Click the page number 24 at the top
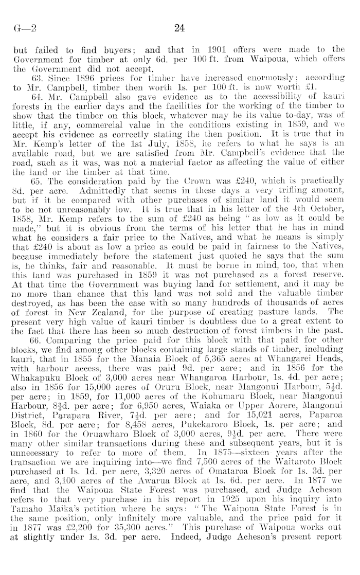(x=179, y=29)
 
